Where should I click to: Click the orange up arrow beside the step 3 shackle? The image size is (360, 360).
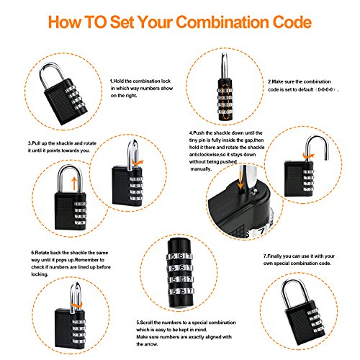tap(75, 184)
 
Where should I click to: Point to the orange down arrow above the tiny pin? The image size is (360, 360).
tap(240, 178)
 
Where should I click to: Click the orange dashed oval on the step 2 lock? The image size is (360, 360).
tap(225, 102)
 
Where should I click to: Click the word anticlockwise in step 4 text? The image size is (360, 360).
tap(204, 155)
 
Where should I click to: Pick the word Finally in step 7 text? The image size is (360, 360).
tap(274, 256)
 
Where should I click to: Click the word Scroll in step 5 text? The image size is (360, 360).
tap(146, 323)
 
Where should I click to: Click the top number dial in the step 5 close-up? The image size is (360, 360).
tap(180, 256)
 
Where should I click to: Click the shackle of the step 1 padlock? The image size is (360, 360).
tap(43, 71)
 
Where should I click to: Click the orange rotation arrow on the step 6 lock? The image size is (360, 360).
tap(77, 305)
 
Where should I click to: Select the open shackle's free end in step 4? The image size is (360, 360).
tap(327, 158)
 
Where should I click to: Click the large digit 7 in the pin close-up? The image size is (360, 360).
tap(262, 231)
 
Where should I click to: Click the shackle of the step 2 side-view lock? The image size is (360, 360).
tap(225, 65)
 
